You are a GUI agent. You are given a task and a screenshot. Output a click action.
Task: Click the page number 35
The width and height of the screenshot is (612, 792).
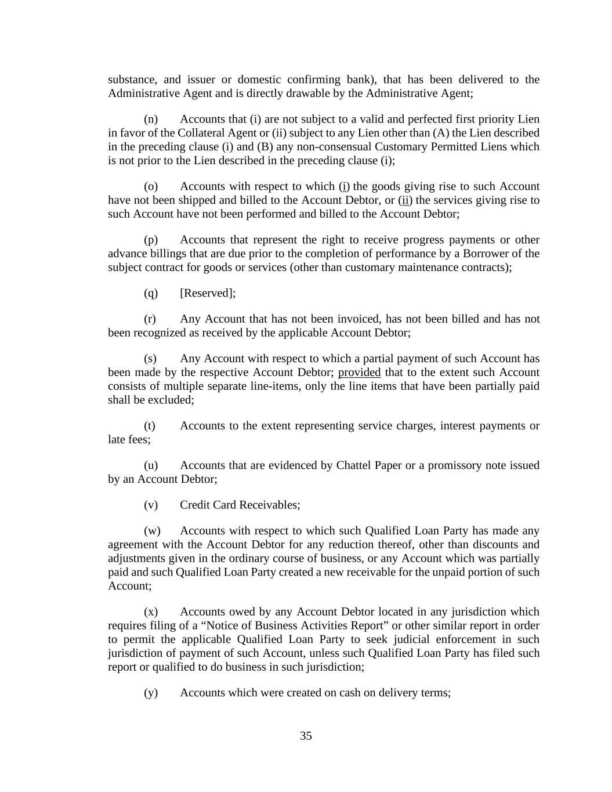306,736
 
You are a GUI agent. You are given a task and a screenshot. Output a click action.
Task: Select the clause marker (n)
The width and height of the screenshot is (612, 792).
151,120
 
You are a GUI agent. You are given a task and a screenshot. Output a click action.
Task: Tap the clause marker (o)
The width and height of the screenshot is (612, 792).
151,187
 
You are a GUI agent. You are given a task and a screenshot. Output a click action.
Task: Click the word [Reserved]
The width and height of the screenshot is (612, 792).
207,294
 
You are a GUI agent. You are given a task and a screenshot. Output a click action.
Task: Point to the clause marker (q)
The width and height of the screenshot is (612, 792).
151,294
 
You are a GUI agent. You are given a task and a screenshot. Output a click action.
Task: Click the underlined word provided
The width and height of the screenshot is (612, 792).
359,373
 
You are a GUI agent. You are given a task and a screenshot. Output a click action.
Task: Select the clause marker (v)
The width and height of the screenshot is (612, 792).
151,505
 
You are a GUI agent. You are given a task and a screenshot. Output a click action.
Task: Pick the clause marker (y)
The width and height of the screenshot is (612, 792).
151,693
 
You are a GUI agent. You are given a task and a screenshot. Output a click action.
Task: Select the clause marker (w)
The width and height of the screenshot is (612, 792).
152,531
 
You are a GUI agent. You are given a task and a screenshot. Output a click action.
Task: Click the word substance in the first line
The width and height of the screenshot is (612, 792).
132,80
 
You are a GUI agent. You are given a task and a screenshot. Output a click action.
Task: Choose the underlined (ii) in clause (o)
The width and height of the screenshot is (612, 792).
405,201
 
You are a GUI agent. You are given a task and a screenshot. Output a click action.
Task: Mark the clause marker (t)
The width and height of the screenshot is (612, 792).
150,426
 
